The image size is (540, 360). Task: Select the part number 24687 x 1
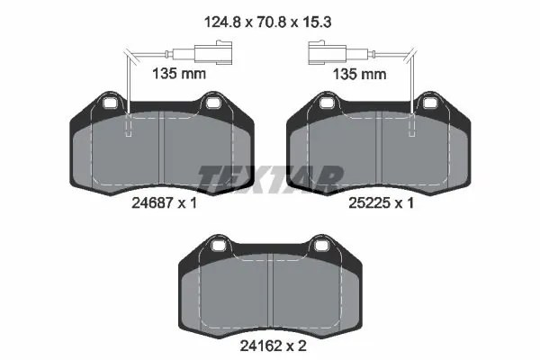coord(162,203)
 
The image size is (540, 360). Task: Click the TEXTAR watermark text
coord(270,177)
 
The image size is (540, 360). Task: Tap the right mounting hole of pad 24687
coord(214,105)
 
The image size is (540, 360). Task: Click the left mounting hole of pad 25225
coord(326,105)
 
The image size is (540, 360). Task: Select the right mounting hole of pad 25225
coord(431,105)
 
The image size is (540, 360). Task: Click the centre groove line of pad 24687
coord(162,153)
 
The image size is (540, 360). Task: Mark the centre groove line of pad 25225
coord(382,153)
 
